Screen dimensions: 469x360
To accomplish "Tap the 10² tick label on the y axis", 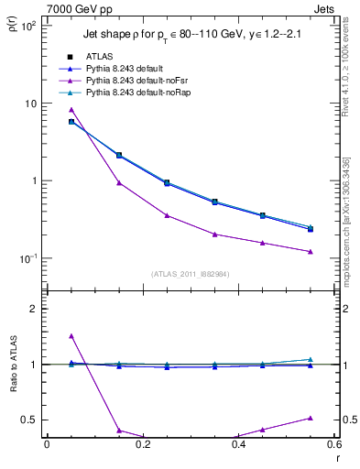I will coord(27,27).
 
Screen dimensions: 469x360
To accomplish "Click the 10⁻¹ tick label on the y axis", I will coord(27,258).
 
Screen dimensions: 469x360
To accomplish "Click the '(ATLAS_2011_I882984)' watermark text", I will coord(190,274).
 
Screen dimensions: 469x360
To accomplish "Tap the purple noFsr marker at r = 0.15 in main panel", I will coord(119,182).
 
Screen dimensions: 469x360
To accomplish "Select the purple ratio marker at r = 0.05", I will coord(71,336).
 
